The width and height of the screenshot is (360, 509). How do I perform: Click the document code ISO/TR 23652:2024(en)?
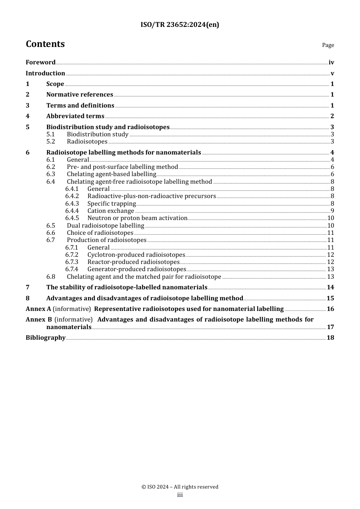(180, 25)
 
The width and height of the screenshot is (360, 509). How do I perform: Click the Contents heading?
(45, 44)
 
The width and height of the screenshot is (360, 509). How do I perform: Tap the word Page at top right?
(328, 45)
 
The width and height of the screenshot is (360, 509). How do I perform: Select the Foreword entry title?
(41, 62)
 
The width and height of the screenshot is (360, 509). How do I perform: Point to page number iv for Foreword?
(331, 62)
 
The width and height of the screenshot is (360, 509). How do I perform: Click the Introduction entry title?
(45, 73)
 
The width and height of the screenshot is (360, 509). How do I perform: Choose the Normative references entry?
(80, 95)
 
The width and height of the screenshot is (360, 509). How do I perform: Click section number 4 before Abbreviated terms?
(28, 116)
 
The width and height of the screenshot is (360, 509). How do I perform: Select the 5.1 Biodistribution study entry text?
(97, 134)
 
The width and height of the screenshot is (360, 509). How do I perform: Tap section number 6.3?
(51, 174)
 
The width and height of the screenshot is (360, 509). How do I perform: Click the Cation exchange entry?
(111, 211)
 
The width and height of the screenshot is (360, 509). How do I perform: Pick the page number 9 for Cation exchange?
(332, 211)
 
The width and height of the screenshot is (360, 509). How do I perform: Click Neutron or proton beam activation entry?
(137, 218)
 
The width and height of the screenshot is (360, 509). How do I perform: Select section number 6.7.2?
(72, 255)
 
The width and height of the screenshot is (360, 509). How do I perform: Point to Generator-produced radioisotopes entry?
(136, 269)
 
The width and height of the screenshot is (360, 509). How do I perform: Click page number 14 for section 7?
(330, 287)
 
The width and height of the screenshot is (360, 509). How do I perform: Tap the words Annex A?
(38, 309)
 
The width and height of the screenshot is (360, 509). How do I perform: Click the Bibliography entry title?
(45, 338)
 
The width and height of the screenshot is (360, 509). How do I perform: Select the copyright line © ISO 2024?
(180, 487)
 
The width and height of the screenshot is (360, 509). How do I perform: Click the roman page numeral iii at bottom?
(180, 495)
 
